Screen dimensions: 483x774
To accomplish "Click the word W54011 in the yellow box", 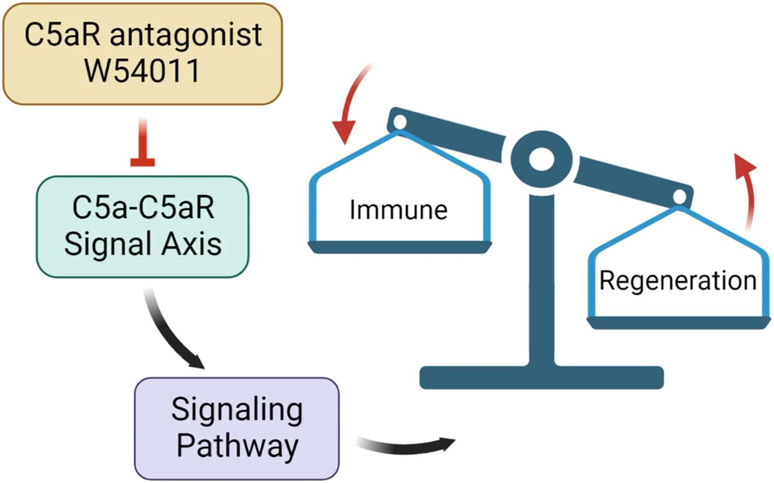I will coord(143,70).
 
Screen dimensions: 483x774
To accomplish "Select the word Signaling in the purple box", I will coord(237,409).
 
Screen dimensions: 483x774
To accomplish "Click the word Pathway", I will coord(237,445).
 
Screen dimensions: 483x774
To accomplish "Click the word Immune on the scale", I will coord(398,211).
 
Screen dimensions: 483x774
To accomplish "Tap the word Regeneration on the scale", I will coord(677,282).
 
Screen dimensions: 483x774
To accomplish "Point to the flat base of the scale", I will coord(541,376).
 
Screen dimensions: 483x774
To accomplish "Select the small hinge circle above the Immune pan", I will coord(399,121).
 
